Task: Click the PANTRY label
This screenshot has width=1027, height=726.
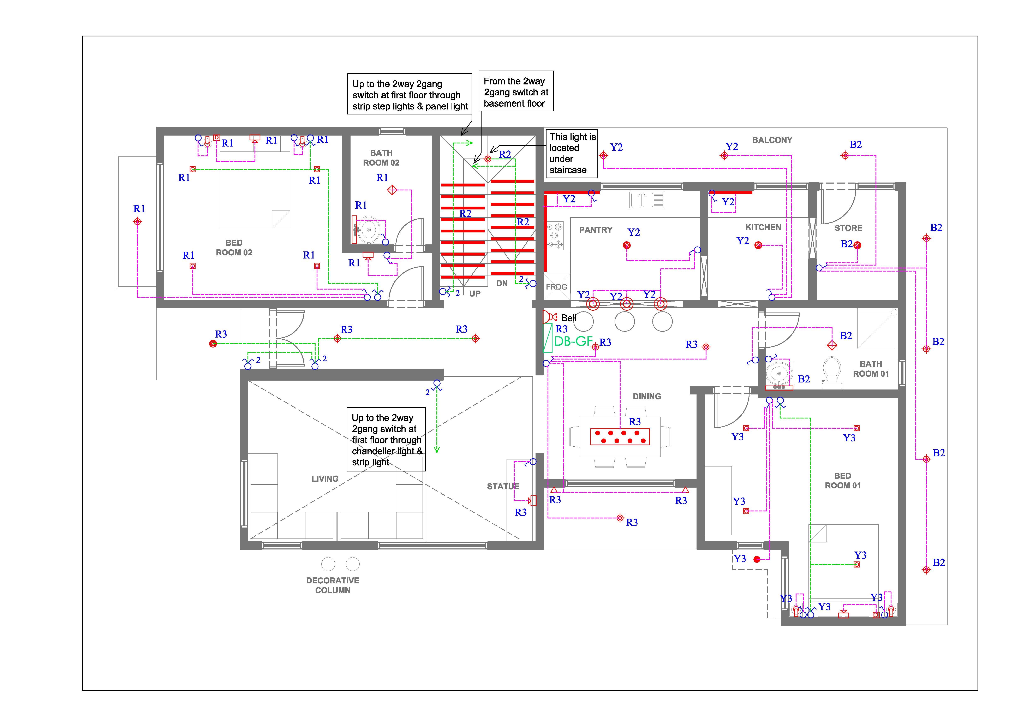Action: pyautogui.click(x=596, y=230)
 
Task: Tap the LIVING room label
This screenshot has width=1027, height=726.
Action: pyautogui.click(x=325, y=479)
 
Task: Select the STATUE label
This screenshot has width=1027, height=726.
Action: pyautogui.click(x=503, y=486)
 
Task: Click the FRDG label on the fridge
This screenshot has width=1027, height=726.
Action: pyautogui.click(x=556, y=287)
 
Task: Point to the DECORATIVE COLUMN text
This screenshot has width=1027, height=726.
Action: pyautogui.click(x=333, y=585)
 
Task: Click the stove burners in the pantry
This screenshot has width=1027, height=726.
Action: pyautogui.click(x=555, y=235)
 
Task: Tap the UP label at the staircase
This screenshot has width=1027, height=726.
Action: pyautogui.click(x=475, y=293)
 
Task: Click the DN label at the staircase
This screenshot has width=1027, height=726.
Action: pyautogui.click(x=502, y=283)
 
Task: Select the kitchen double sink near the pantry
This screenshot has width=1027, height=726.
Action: pyautogui.click(x=647, y=200)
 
